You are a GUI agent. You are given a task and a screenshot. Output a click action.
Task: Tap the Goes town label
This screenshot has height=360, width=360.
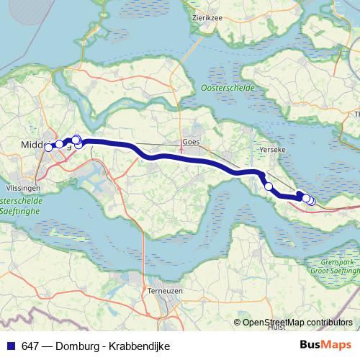[x=191, y=142]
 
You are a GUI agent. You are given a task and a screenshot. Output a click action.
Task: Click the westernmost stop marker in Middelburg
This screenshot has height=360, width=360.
[x=48, y=148]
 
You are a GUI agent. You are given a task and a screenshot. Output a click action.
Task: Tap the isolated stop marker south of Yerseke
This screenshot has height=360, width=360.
[x=269, y=186]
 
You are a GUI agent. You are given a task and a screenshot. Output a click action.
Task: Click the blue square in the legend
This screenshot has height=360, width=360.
[x=8, y=346]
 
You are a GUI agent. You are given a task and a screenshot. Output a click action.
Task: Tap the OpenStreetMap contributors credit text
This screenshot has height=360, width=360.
[x=297, y=322]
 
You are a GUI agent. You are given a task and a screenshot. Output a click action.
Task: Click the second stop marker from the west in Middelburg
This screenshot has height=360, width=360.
[x=59, y=144]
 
